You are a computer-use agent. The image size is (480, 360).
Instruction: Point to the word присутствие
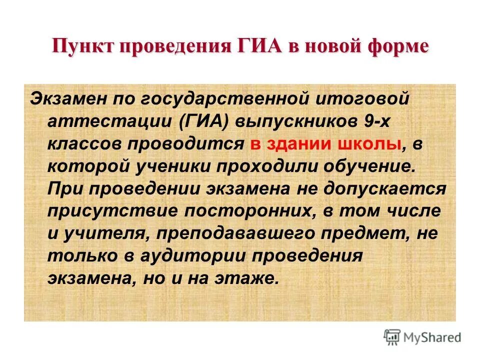tap(110, 211)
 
